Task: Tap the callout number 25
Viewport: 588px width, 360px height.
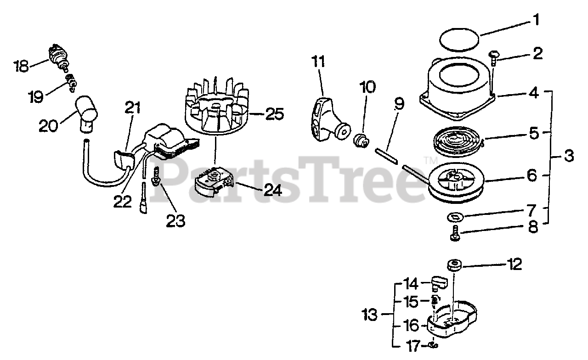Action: click(x=274, y=113)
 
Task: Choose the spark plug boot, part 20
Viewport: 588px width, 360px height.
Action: click(x=87, y=111)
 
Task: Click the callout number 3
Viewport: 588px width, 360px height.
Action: click(x=568, y=157)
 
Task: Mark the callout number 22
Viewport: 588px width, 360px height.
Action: click(x=122, y=201)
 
